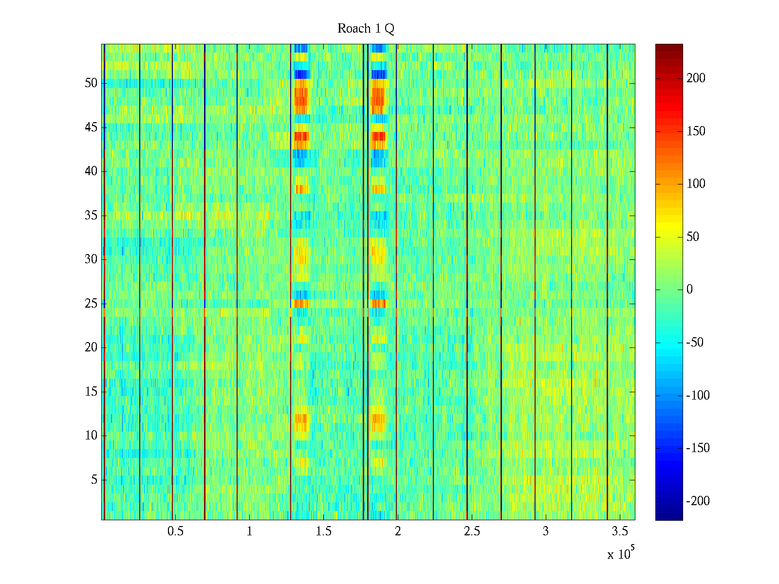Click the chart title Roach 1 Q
click(366, 29)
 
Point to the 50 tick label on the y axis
click(91, 83)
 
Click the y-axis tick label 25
click(91, 304)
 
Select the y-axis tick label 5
click(94, 480)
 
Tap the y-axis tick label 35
click(91, 216)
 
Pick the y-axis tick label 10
click(91, 436)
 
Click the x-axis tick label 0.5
click(175, 531)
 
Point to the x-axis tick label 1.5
click(324, 531)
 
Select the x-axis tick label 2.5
click(472, 531)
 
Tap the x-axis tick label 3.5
click(620, 531)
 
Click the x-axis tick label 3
click(546, 531)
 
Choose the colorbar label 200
click(696, 78)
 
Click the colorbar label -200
click(698, 501)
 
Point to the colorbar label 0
click(689, 290)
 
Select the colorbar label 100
click(696, 184)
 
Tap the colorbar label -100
click(698, 396)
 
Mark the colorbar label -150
click(698, 448)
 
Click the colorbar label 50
click(693, 237)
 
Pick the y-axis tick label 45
click(91, 128)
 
